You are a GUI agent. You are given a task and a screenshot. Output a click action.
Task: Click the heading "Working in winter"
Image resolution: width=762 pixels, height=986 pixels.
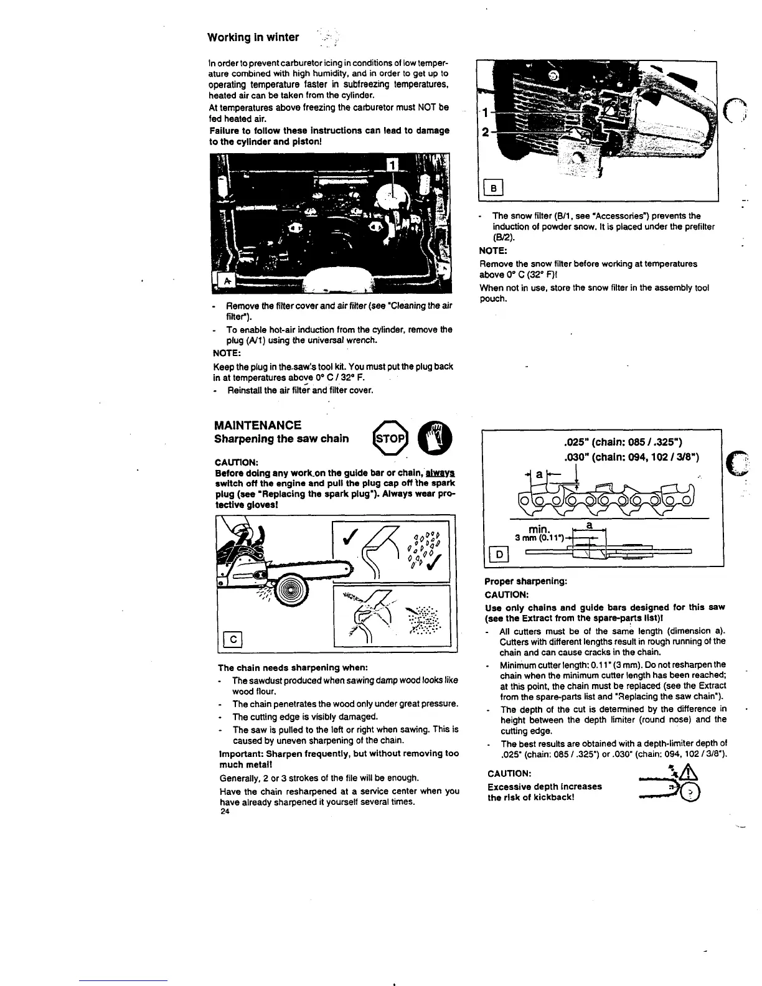pos(253,37)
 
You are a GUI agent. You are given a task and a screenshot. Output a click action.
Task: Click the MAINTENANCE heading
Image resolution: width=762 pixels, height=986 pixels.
pos(257,425)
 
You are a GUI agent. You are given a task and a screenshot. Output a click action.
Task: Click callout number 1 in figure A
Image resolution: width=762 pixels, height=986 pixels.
pos(392,164)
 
